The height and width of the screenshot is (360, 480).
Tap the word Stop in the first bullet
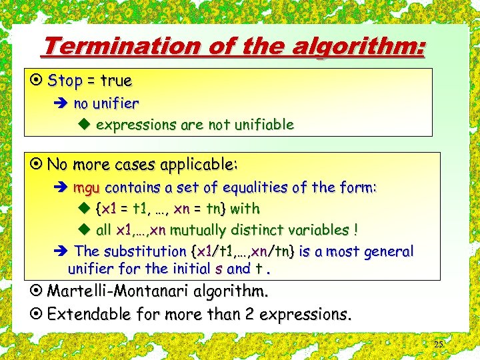[65, 81]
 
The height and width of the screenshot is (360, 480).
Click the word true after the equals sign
[116, 81]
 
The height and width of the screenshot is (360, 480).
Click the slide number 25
[438, 345]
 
